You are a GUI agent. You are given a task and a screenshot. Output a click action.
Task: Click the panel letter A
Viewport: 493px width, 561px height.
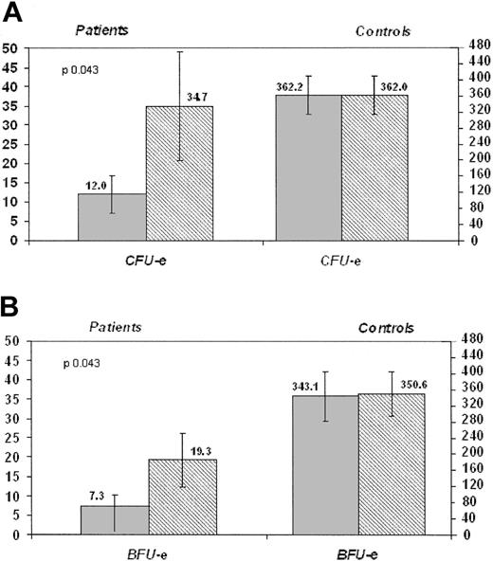11,12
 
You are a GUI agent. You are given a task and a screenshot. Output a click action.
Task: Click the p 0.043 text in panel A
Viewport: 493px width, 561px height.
81,70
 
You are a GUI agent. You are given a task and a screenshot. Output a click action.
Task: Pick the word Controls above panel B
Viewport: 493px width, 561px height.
386,328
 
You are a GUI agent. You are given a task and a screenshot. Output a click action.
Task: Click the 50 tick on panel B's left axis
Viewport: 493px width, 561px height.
12,340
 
